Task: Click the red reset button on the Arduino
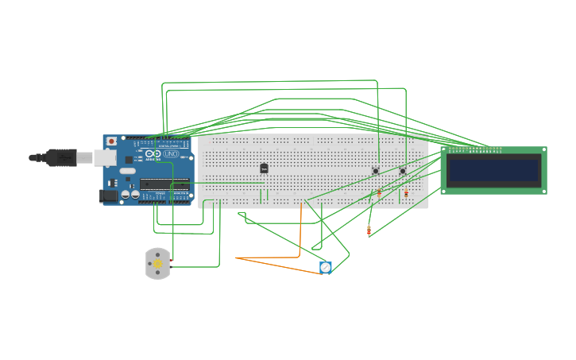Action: (111, 141)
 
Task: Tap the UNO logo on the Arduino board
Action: (172, 153)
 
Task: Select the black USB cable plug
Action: (60, 157)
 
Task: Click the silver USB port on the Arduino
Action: (104, 157)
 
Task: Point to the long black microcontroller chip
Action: (164, 184)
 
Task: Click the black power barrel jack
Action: (108, 195)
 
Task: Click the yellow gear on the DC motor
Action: (157, 263)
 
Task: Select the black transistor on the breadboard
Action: (264, 168)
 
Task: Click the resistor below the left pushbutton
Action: (379, 193)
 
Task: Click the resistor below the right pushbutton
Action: (406, 193)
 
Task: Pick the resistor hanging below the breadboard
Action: (369, 230)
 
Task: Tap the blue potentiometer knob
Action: (325, 268)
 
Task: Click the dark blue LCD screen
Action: (493, 170)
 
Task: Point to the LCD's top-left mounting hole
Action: (444, 150)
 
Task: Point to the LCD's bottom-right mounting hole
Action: (543, 191)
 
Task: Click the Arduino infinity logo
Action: (153, 153)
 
